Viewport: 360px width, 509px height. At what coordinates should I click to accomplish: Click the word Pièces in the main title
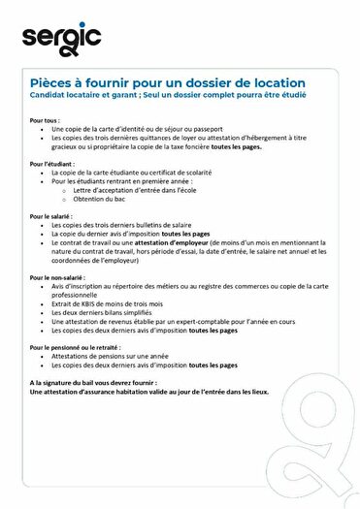pyautogui.click(x=51, y=83)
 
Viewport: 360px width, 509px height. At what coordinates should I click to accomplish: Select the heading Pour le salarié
pyautogui.click(x=50, y=216)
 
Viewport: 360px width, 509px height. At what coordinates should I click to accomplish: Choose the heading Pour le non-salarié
pyautogui.click(x=57, y=278)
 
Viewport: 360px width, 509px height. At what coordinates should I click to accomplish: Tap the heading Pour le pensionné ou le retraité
pyautogui.click(x=78, y=347)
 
